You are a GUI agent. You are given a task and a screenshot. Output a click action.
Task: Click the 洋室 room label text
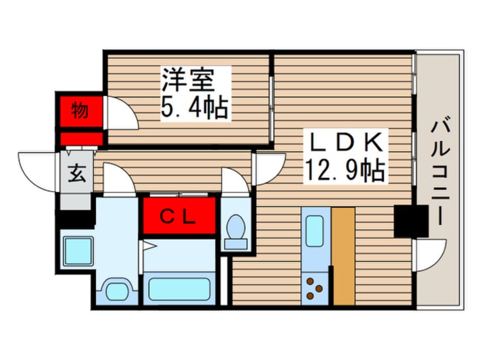click(188, 79)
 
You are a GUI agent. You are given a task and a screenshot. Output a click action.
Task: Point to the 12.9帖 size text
click(345, 171)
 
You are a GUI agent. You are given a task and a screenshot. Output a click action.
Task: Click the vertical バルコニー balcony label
click(440, 173)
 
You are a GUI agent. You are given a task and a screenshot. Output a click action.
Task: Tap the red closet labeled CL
click(179, 216)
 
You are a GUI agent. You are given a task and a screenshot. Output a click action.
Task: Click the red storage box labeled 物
click(81, 111)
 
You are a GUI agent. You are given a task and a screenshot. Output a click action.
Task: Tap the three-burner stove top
click(315, 288)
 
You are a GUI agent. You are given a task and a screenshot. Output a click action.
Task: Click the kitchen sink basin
click(315, 231)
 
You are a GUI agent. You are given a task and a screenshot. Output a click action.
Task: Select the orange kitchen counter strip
click(344, 256)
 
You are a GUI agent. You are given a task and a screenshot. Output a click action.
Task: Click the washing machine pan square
click(78, 251)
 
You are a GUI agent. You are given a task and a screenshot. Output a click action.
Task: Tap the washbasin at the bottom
click(117, 290)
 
